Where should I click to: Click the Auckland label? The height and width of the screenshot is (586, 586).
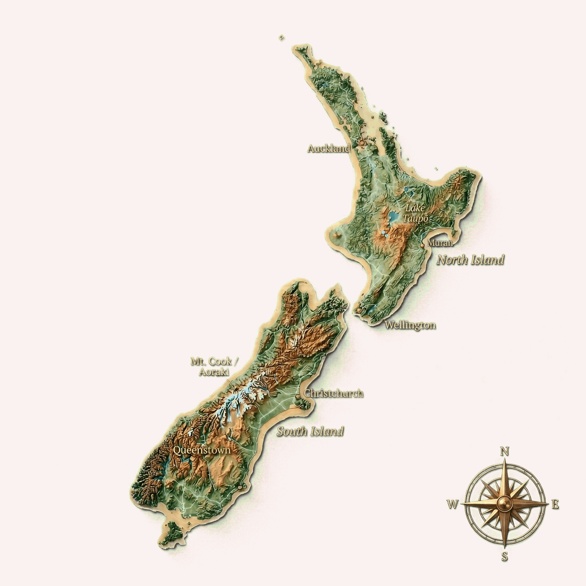click(329, 149)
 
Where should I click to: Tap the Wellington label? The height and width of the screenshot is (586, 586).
click(410, 325)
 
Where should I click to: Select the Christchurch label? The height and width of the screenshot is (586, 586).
click(334, 393)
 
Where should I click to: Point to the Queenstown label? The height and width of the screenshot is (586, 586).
click(201, 450)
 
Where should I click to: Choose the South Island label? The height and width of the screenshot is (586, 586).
click(310, 431)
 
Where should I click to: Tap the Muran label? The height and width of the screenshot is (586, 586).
click(440, 243)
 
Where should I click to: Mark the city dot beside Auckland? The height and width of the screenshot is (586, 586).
click(362, 142)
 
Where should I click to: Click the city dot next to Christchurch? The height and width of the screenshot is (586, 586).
click(298, 396)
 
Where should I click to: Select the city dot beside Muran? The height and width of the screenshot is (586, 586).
click(422, 245)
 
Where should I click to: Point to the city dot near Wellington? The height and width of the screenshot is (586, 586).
click(359, 310)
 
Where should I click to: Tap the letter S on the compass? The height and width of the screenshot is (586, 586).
click(505, 557)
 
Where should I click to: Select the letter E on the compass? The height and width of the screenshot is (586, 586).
click(555, 505)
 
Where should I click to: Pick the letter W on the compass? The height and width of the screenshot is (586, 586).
click(453, 505)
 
